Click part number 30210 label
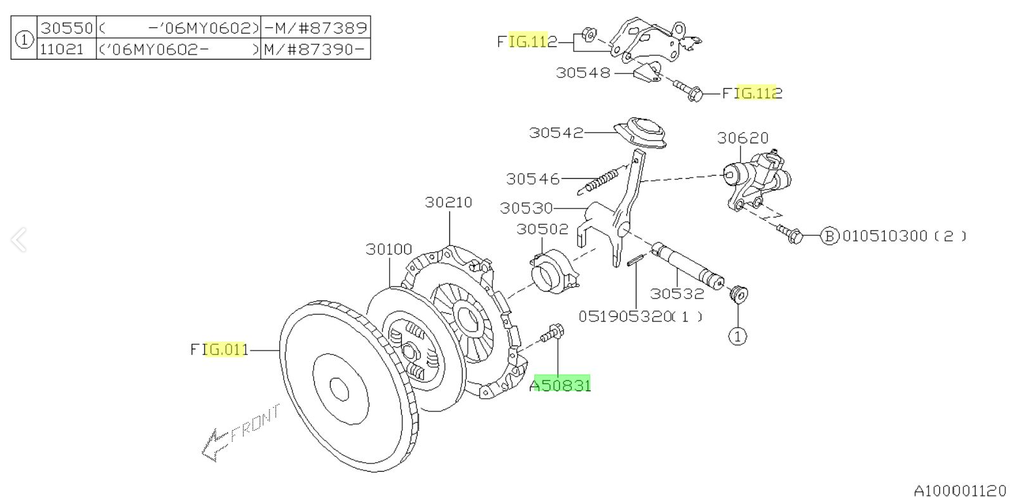click(x=449, y=202)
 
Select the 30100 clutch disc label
click(x=388, y=249)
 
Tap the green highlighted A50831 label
click(x=560, y=385)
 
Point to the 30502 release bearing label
click(x=542, y=229)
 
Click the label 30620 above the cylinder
click(x=743, y=138)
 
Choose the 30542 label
click(x=556, y=132)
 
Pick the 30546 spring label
click(x=533, y=179)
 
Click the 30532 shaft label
click(x=677, y=294)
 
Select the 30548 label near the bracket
click(x=583, y=73)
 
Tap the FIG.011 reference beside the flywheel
click(x=219, y=349)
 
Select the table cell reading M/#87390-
click(x=315, y=49)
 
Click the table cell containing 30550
click(x=67, y=28)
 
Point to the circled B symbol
click(x=829, y=236)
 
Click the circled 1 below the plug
click(x=737, y=336)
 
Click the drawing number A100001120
click(x=960, y=489)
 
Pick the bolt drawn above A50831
click(x=552, y=333)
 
